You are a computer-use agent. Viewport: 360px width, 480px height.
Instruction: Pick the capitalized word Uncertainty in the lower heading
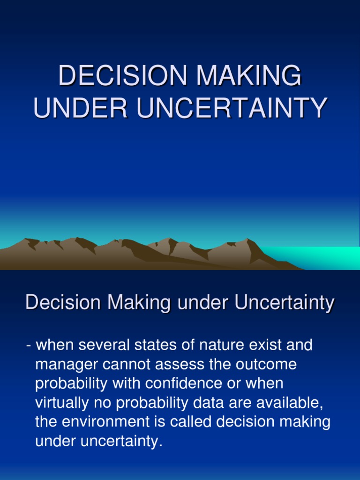[x=284, y=303]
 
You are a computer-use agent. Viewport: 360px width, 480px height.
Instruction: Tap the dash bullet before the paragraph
[x=29, y=346]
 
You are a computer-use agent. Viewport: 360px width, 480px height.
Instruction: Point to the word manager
[x=67, y=365]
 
